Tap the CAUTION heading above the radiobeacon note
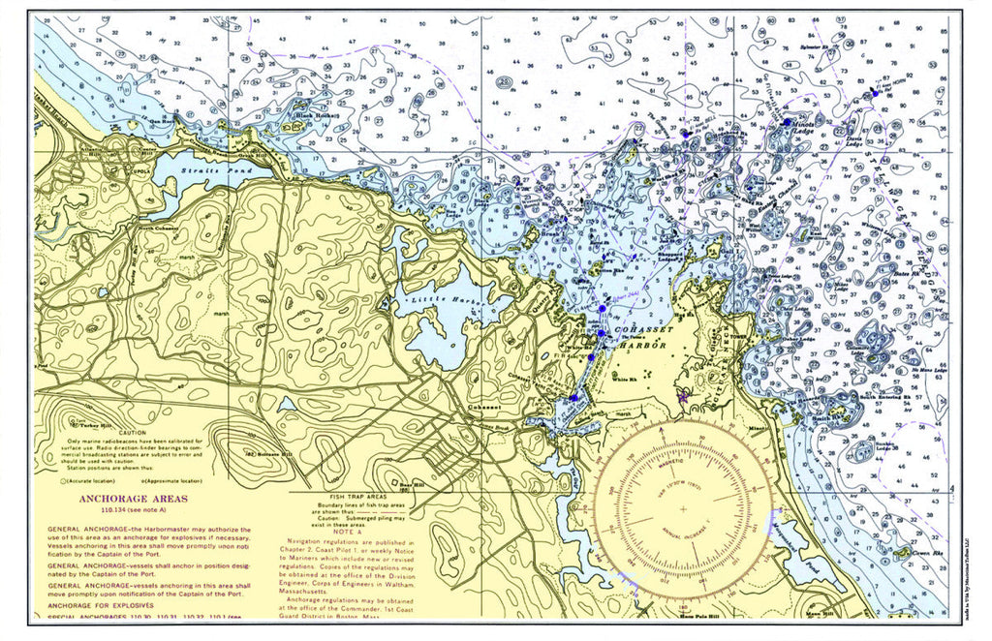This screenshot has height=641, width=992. (x=132, y=433)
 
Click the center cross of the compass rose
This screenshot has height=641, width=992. (x=682, y=507)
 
